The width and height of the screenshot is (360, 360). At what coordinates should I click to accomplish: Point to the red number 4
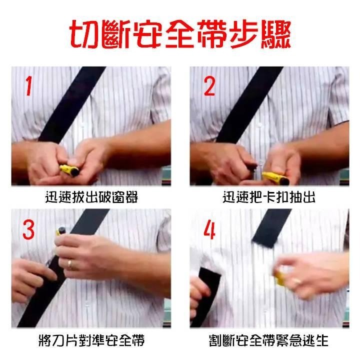coord(209,229)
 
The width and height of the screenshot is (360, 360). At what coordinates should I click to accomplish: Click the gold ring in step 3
coord(69,263)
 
